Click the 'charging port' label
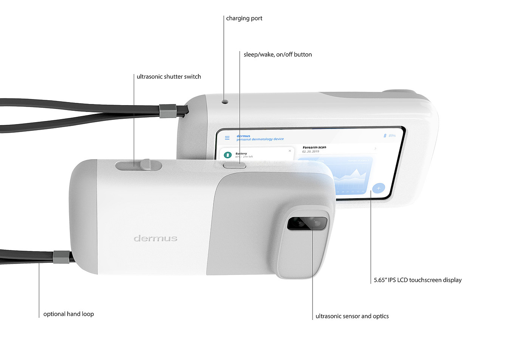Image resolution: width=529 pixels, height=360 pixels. click(x=244, y=18)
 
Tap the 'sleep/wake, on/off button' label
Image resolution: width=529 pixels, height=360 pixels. click(x=278, y=54)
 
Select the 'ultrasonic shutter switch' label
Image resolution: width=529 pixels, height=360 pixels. click(x=169, y=76)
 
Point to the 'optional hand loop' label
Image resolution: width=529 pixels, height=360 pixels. click(x=68, y=314)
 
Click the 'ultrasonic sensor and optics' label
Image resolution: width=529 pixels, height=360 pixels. click(x=352, y=316)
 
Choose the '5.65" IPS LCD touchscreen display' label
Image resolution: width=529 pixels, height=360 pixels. click(x=418, y=280)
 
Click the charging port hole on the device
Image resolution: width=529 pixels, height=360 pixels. click(x=225, y=102)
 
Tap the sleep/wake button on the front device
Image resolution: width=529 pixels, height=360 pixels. click(x=234, y=165)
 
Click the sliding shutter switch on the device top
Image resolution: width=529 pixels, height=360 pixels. click(x=145, y=165)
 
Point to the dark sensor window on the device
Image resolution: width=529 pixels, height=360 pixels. click(x=307, y=223)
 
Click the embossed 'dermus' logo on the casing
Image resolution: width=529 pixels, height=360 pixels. click(x=155, y=238)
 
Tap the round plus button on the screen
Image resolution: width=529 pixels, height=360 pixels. click(x=378, y=188)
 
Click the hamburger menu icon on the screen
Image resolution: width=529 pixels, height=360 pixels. click(x=227, y=138)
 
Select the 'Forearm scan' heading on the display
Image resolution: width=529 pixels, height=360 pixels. click(x=314, y=147)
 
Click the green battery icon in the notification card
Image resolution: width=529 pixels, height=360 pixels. click(x=227, y=155)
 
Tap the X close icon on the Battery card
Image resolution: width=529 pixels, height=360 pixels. click(x=290, y=151)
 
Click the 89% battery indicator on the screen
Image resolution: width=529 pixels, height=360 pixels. click(x=390, y=135)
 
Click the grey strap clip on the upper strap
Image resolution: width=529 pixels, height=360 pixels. click(x=167, y=111)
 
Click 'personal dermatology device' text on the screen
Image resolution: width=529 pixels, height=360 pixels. click(x=260, y=139)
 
